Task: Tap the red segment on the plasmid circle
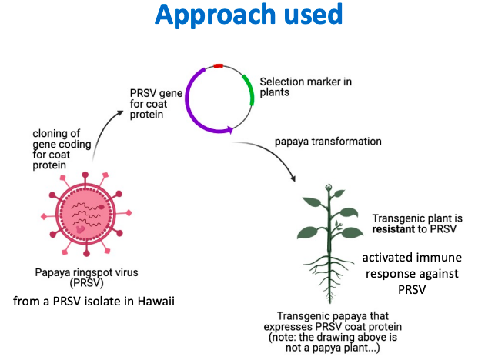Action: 218,67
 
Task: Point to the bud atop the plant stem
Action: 329,188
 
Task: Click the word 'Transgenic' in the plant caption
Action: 305,315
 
